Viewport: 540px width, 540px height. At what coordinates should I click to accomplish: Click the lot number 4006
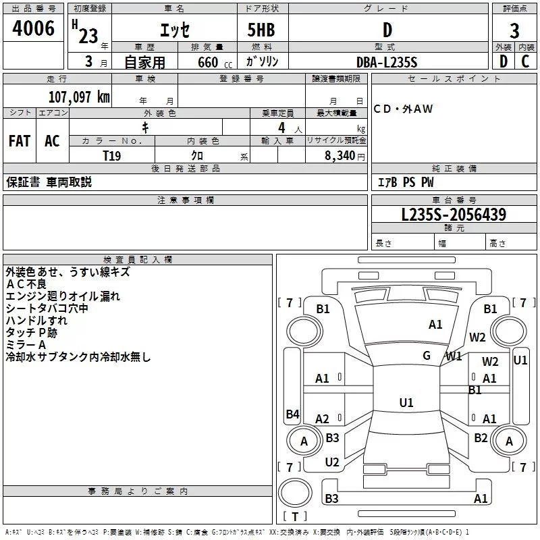tap(33, 28)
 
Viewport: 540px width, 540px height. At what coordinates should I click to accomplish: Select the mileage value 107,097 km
tap(79, 97)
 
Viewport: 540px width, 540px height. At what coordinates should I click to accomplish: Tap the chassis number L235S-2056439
tap(454, 215)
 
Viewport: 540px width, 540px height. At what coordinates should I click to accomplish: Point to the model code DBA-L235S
tap(387, 62)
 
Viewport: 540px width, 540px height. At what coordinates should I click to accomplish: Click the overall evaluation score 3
tap(514, 31)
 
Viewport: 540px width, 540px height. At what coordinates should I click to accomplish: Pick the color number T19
tap(112, 156)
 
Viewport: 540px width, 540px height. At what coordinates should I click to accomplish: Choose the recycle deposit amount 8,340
tap(340, 156)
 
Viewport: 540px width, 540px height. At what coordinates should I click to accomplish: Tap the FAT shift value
tap(20, 141)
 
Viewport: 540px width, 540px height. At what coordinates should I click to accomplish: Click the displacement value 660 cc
tap(215, 63)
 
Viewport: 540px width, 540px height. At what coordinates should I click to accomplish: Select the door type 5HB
tap(261, 30)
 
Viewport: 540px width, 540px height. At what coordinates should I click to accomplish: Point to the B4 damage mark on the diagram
tap(293, 414)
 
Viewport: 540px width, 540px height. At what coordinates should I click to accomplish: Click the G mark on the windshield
tap(427, 356)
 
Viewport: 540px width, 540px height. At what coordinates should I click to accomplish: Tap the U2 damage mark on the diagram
tap(332, 462)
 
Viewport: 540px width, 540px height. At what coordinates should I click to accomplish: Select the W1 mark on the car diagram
tap(454, 356)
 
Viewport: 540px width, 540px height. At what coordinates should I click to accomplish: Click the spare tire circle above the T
tap(295, 493)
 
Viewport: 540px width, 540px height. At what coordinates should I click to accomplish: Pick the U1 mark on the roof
tap(406, 402)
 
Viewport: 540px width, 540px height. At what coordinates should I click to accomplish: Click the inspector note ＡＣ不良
tap(26, 284)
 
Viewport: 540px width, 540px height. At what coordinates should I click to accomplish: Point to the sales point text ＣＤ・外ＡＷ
tap(403, 109)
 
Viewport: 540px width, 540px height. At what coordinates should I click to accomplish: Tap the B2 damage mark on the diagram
tap(481, 438)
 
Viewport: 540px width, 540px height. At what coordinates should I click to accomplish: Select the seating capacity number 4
tap(281, 128)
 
